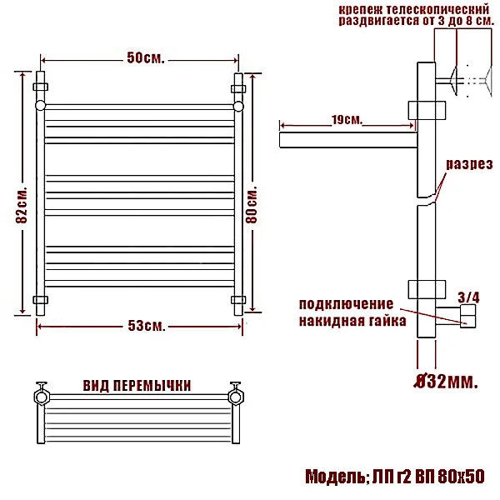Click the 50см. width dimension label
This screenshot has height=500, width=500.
pyautogui.click(x=139, y=59)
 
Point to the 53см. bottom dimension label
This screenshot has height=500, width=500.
pyautogui.click(x=139, y=324)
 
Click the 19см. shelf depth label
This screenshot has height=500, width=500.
pyautogui.click(x=346, y=120)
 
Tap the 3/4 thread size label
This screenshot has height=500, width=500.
pyautogui.click(x=469, y=296)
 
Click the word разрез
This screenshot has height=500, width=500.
pyautogui.click(x=468, y=163)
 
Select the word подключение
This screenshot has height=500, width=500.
pyautogui.click(x=345, y=302)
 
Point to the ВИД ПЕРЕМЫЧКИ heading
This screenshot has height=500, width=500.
pyautogui.click(x=137, y=385)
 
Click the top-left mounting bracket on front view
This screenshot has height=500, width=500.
pyautogui.click(x=40, y=86)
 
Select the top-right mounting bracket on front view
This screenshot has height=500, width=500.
pyautogui.click(x=238, y=86)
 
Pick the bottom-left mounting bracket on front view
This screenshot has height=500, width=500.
pyautogui.click(x=40, y=299)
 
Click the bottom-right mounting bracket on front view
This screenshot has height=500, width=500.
pyautogui.click(x=238, y=299)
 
